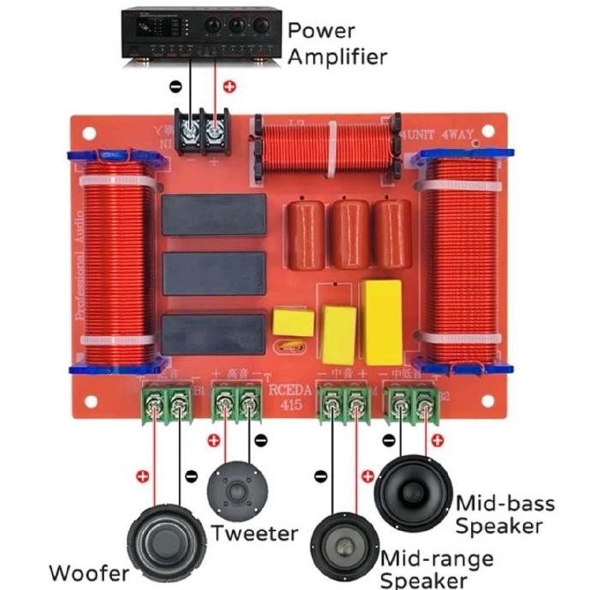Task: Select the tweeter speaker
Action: [236, 492]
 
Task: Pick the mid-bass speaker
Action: [413, 493]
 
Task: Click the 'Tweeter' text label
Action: [255, 534]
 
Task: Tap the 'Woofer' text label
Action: [90, 572]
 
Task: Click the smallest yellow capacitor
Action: [292, 322]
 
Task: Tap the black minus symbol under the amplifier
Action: [175, 86]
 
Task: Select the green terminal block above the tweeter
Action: [236, 401]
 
